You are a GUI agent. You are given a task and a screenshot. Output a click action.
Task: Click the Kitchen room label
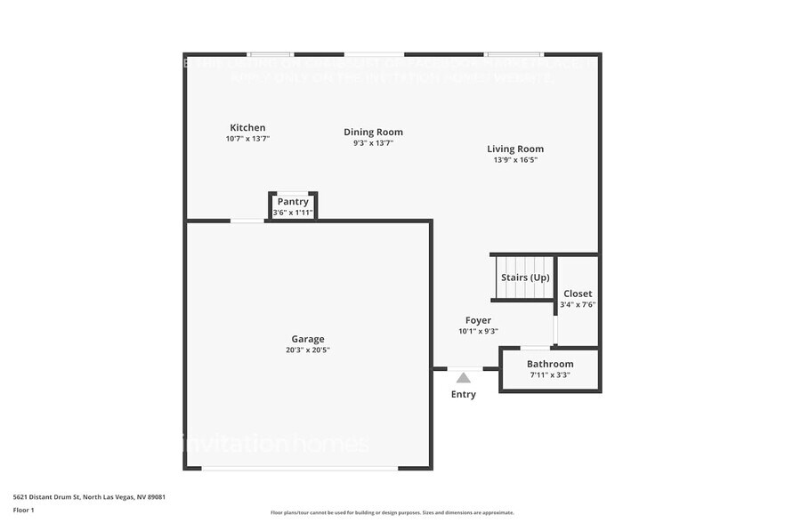coord(247,127)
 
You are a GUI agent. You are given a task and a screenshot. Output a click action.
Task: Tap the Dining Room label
coord(373,132)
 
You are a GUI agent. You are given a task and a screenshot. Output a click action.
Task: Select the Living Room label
coord(515,149)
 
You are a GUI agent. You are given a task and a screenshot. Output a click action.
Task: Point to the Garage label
coord(308,338)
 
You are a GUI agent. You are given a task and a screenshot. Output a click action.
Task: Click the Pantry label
coord(293,201)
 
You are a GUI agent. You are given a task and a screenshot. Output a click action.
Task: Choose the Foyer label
coord(478,320)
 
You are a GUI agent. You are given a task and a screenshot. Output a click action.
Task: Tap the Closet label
coord(578,294)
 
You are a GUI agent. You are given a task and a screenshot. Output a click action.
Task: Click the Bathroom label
coord(550,364)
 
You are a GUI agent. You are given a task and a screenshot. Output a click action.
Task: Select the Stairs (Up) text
coord(525,278)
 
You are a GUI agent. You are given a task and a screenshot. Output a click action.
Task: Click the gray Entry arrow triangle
coord(464,378)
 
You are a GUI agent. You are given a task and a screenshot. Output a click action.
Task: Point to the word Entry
coord(464,394)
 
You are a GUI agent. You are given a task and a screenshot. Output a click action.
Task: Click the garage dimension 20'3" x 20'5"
coord(308,350)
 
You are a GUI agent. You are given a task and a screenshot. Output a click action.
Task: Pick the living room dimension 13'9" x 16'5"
coord(515,160)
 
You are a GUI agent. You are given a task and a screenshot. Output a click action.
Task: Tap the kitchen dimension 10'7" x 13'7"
coord(247,139)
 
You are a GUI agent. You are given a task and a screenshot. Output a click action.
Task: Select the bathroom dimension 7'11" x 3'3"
coord(550,375)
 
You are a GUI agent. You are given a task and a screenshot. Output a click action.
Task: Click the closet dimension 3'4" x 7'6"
coord(578,305)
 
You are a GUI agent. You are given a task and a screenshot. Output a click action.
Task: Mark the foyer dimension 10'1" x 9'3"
coord(478,331)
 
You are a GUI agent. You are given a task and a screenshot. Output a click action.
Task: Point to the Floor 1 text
coord(23,510)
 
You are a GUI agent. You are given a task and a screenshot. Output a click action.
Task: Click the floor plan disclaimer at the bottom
coord(392,512)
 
